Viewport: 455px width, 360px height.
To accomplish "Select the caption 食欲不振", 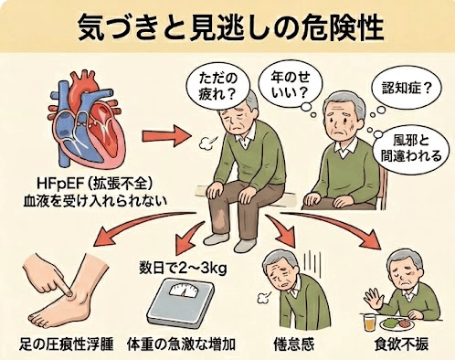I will click(402, 345).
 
